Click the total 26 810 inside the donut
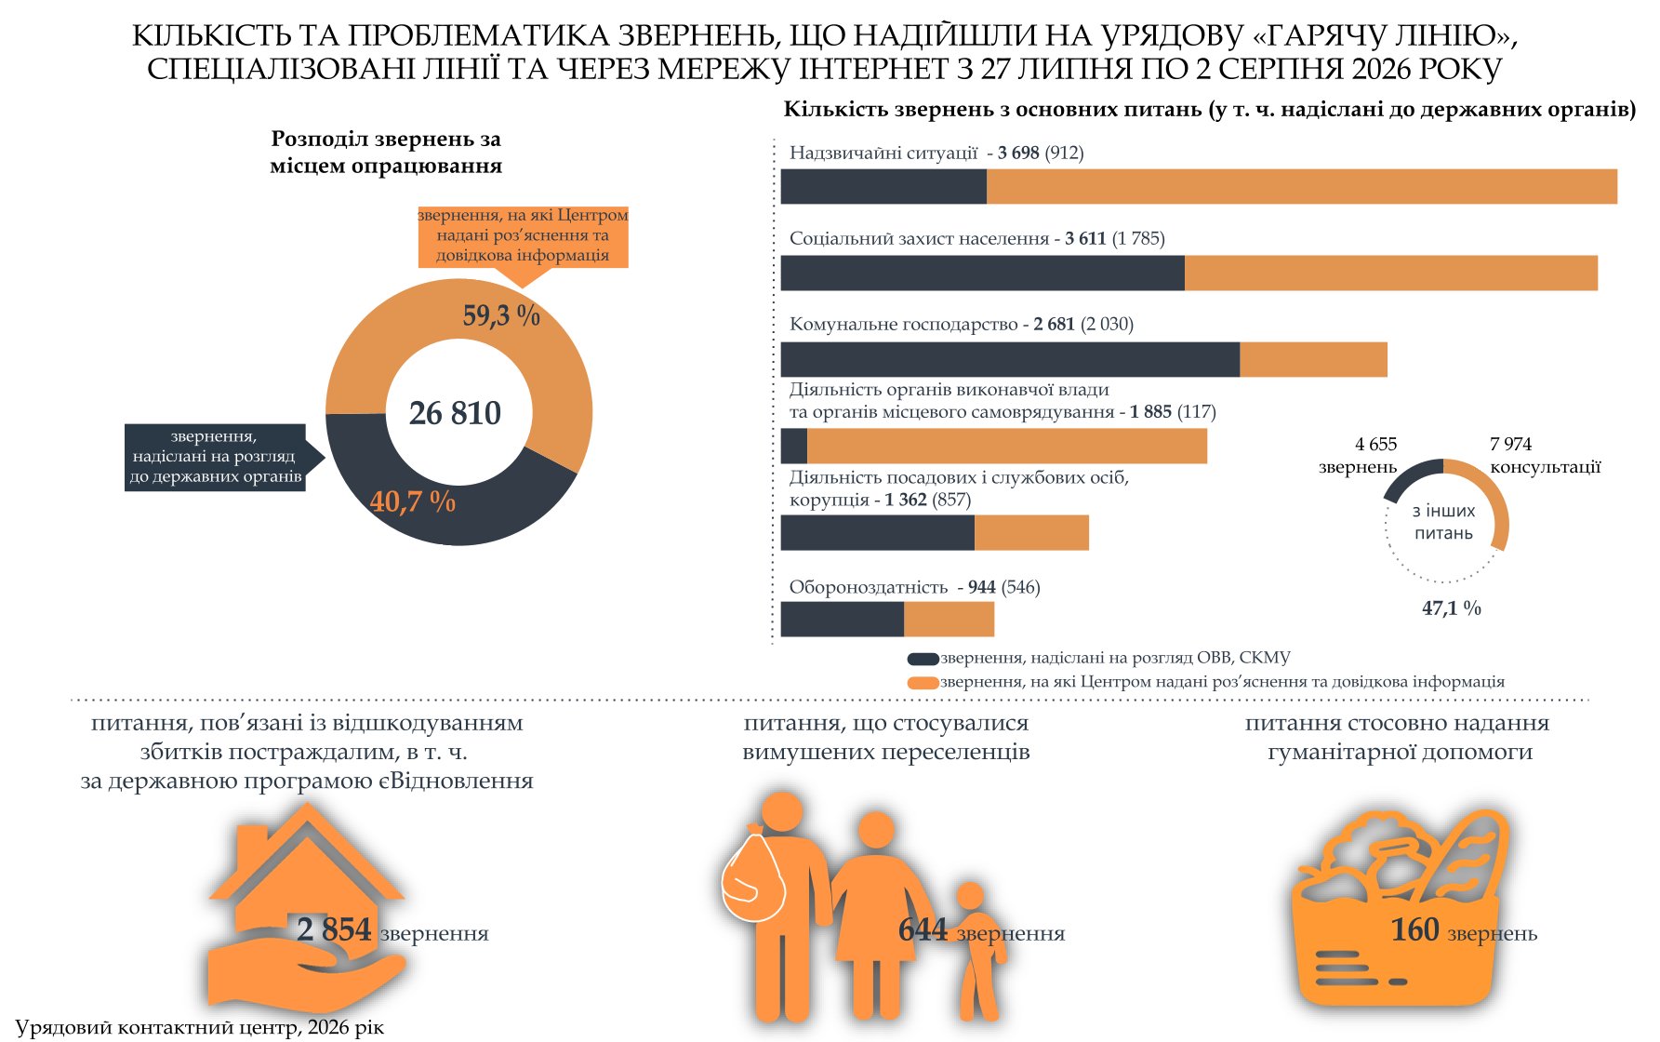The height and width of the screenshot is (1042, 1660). (455, 413)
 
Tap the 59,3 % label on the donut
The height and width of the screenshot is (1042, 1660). (501, 315)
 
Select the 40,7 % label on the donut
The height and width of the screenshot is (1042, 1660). (413, 501)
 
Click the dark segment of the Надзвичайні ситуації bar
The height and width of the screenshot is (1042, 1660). (883, 187)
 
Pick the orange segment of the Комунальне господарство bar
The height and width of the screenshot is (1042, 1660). (1313, 359)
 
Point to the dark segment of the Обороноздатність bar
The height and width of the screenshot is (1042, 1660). (843, 620)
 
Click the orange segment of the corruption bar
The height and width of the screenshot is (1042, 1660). (1031, 532)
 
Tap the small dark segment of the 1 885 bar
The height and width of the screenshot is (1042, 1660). (794, 446)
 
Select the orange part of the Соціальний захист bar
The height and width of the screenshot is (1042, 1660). (1391, 273)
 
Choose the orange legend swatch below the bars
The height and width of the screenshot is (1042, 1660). (923, 683)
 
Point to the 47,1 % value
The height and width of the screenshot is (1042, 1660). (1452, 608)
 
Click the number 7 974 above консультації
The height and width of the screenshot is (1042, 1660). (1510, 445)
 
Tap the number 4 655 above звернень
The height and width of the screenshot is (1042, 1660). (1376, 445)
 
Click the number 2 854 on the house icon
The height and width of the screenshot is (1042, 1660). (334, 929)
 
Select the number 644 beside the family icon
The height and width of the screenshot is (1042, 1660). (923, 929)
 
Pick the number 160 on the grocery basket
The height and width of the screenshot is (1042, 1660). (1414, 929)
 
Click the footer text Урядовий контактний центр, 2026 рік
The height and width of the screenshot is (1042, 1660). (199, 1028)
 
